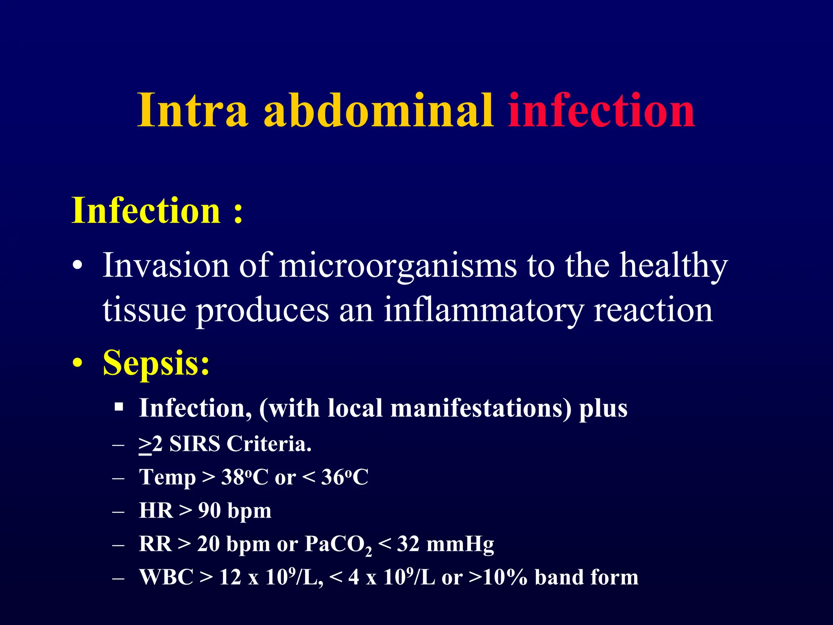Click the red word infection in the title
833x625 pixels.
601,111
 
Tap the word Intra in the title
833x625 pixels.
192,111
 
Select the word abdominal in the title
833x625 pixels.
378,111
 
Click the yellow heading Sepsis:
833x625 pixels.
156,363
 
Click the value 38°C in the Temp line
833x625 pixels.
244,477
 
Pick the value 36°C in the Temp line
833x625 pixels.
345,477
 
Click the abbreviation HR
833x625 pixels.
156,510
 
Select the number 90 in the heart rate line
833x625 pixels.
209,510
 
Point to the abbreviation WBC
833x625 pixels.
166,577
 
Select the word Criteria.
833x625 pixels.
269,444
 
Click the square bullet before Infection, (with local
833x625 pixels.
119,407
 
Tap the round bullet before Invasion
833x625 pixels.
77,267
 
